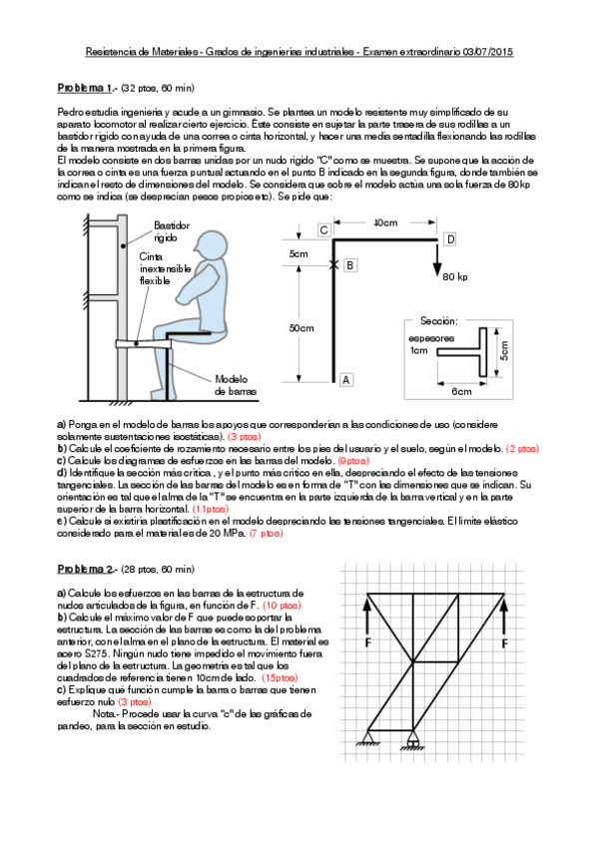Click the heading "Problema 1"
click(x=87, y=88)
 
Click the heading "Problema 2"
click(x=87, y=568)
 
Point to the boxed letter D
click(x=449, y=240)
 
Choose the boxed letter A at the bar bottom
click(x=345, y=379)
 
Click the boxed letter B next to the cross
click(x=350, y=265)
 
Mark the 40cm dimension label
click(x=384, y=223)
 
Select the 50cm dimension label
click(x=300, y=328)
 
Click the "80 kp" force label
click(x=455, y=276)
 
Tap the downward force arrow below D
click(x=437, y=258)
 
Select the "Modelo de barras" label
click(x=236, y=385)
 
